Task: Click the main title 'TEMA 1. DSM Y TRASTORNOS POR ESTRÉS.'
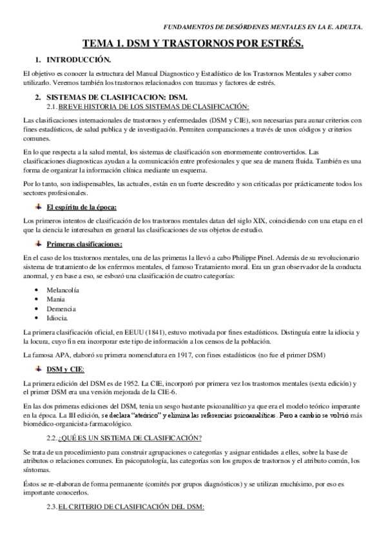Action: pos(193,43)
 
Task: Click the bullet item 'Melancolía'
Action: pos(63,290)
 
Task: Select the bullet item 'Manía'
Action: pos(55,299)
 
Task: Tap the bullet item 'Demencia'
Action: pos(60,309)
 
